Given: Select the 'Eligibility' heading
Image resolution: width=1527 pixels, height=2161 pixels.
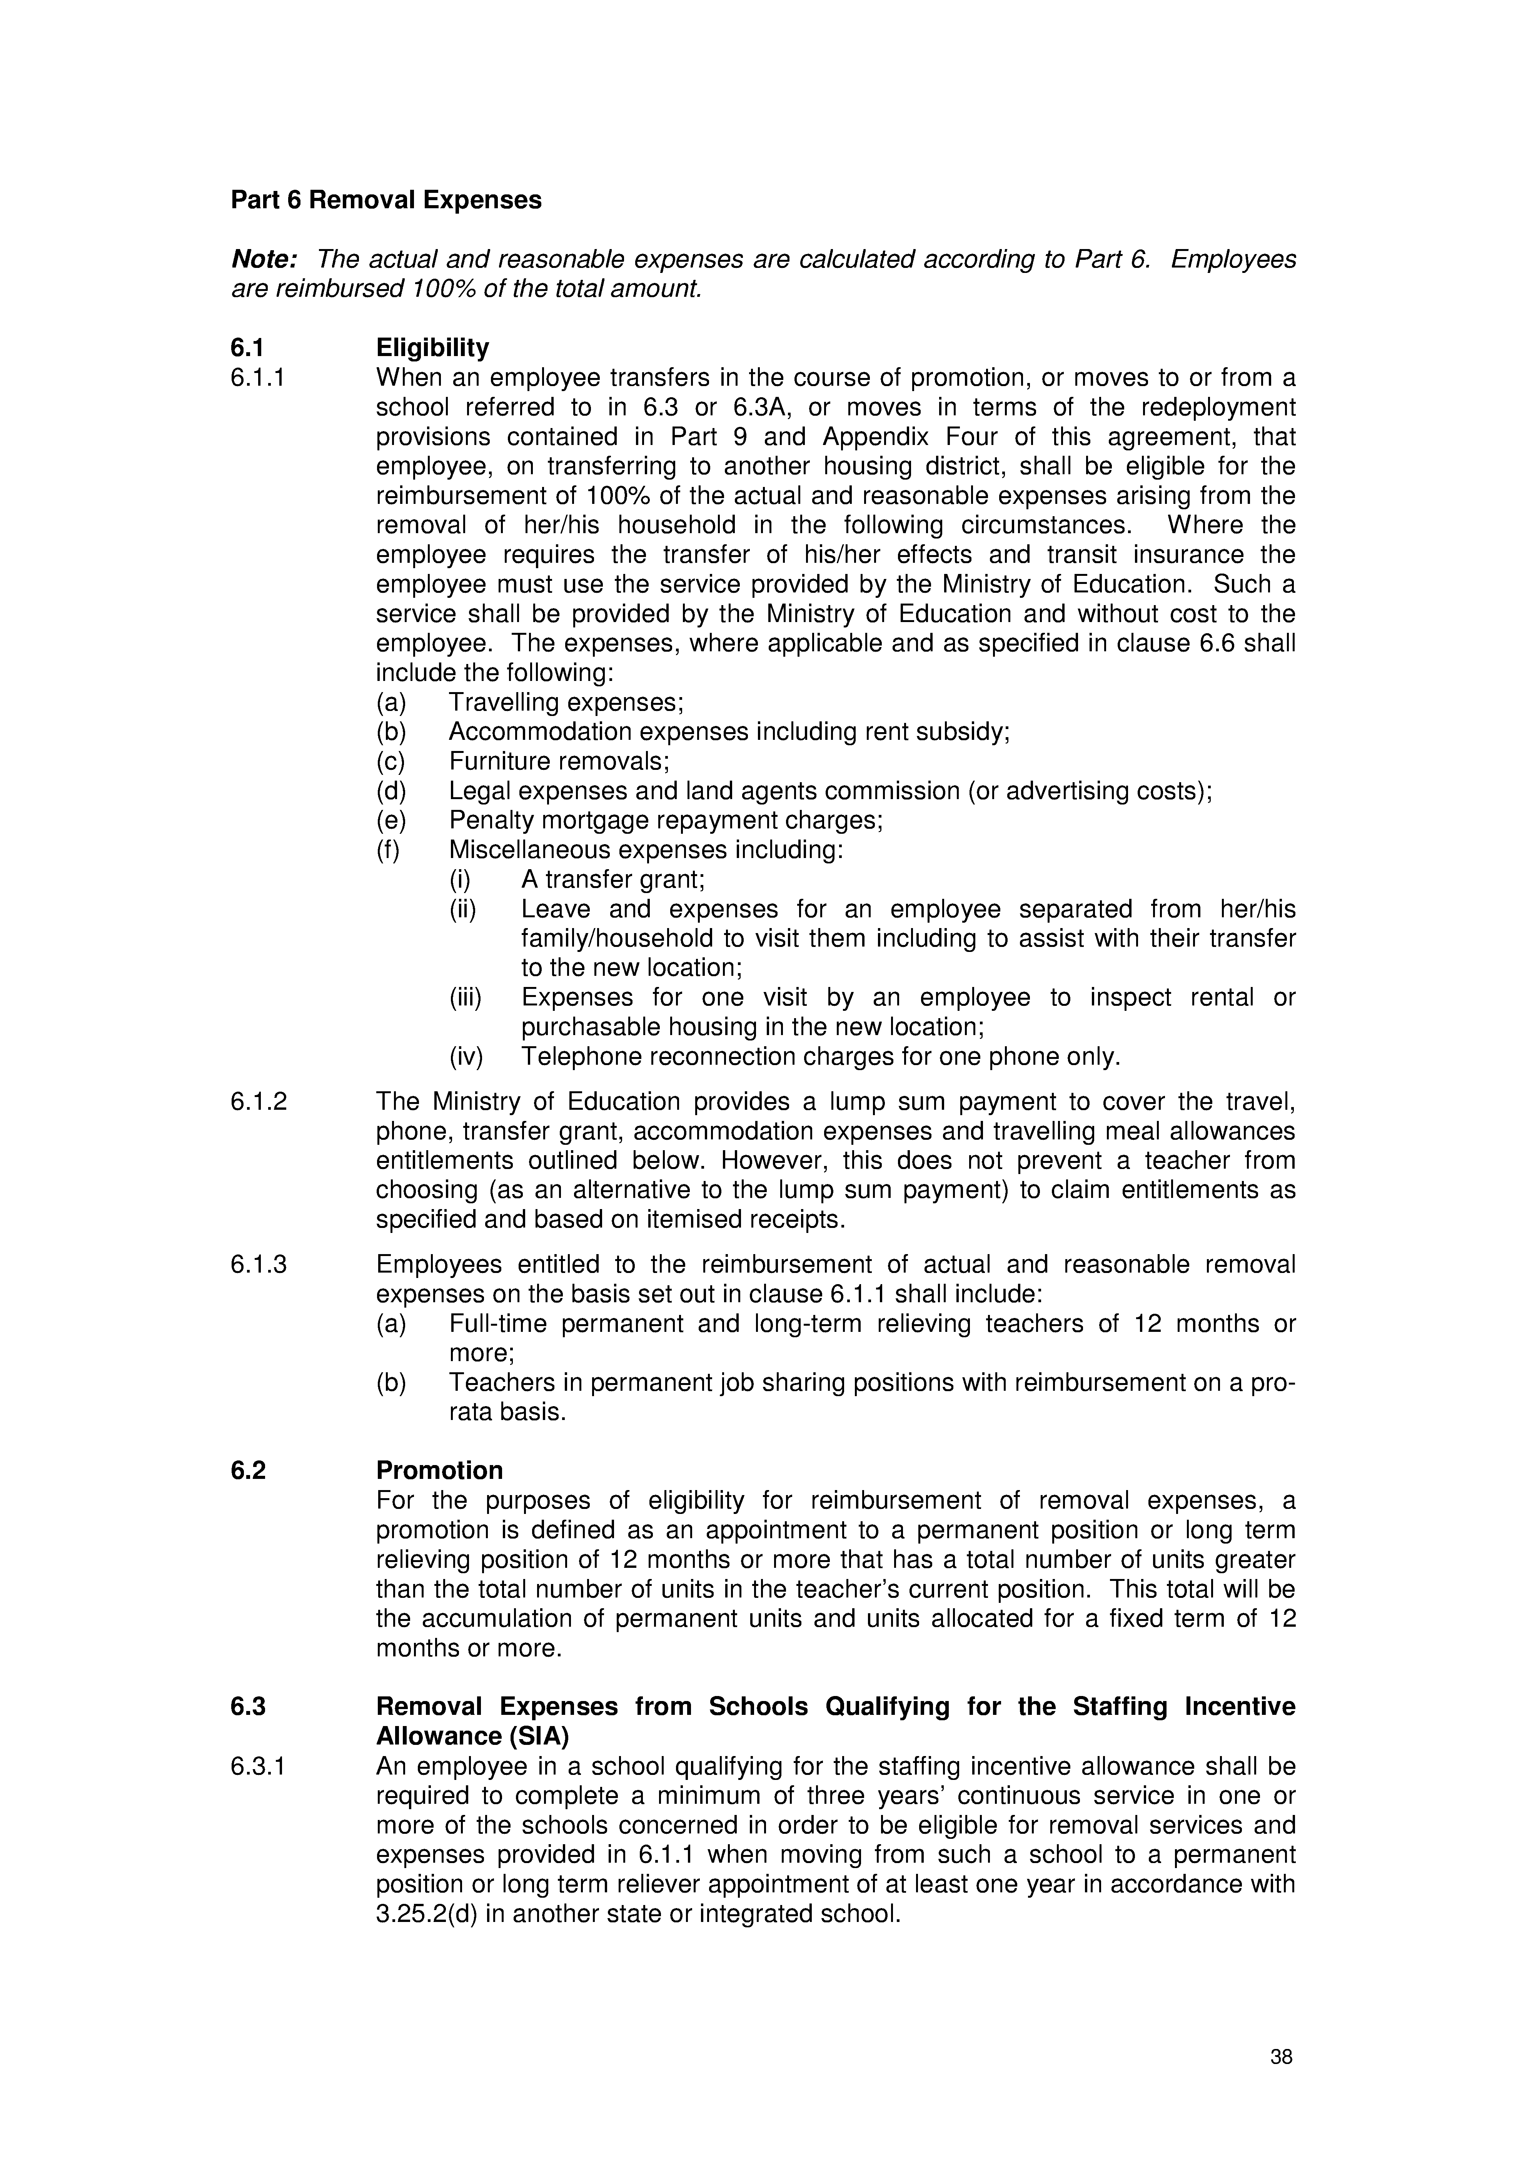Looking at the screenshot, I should pos(432,348).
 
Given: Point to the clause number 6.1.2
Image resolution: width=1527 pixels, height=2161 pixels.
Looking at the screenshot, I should pos(259,1101).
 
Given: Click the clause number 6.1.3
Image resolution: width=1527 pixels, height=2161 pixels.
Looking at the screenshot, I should pos(259,1264).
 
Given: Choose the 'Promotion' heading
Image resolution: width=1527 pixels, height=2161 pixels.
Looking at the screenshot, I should pos(439,1470).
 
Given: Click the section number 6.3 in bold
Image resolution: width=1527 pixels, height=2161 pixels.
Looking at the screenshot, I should pos(249,1706).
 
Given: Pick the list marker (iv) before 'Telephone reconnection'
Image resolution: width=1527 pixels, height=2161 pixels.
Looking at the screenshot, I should pos(466,1057).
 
